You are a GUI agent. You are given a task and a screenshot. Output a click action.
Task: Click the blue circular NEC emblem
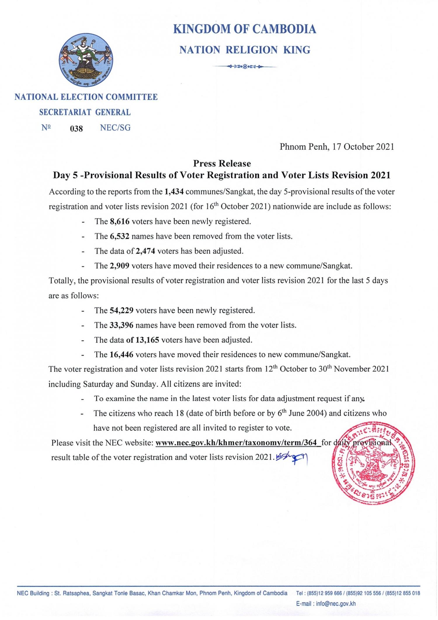pyautogui.click(x=86, y=61)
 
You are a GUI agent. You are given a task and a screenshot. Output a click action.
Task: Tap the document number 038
pyautogui.click(x=77, y=129)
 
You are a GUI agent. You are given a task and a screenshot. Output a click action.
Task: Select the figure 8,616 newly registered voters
pyautogui.click(x=120, y=221)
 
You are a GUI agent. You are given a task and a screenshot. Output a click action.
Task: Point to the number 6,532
pyautogui.click(x=119, y=236)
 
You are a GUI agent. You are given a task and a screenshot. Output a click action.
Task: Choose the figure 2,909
pyautogui.click(x=120, y=266)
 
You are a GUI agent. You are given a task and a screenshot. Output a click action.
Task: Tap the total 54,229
pyautogui.click(x=122, y=310)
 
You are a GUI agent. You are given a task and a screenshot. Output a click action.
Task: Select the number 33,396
pyautogui.click(x=122, y=325)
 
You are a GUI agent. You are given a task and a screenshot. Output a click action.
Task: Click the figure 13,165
pyautogui.click(x=147, y=340)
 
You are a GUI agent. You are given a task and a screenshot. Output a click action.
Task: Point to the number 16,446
pyautogui.click(x=122, y=355)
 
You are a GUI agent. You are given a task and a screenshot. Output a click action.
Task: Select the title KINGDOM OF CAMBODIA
pyautogui.click(x=245, y=29)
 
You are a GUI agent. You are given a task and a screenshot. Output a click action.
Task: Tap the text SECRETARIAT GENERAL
pyautogui.click(x=85, y=112)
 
